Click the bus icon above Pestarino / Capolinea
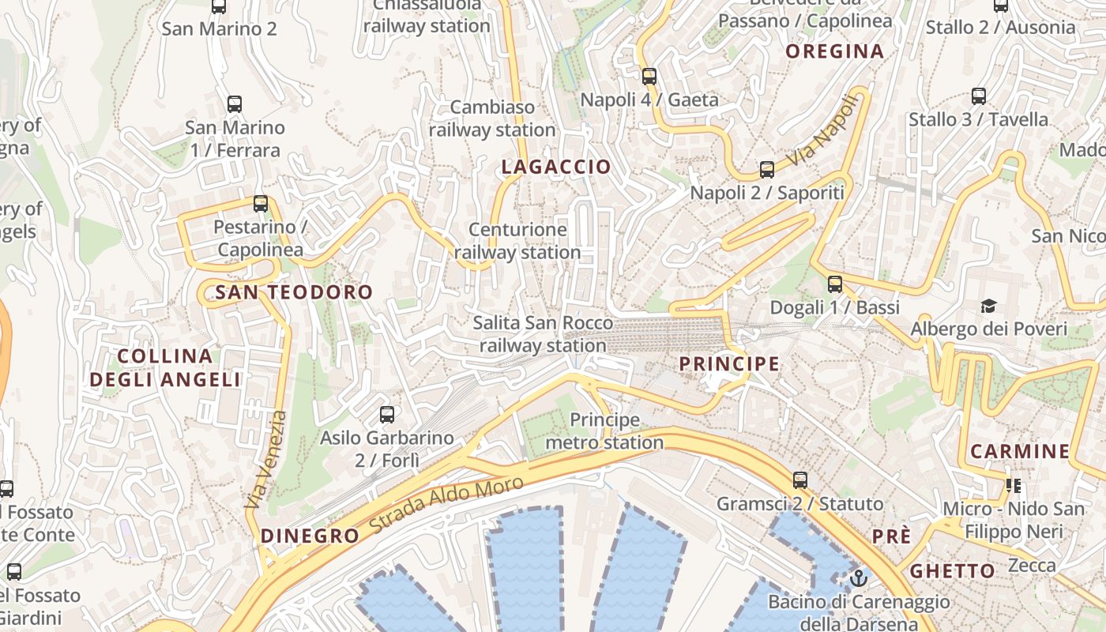(261, 204)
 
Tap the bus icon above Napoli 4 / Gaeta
(649, 77)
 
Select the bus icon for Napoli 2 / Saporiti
(766, 169)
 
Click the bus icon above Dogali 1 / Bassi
(835, 284)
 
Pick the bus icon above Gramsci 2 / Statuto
(800, 480)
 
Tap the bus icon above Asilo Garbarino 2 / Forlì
(387, 414)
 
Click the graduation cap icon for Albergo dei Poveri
(988, 306)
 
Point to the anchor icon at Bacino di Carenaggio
(858, 579)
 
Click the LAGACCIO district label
(556, 167)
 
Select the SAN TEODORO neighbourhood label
(294, 292)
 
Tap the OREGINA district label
(834, 52)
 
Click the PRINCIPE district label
(729, 364)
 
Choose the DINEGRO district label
(310, 536)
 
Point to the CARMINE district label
(1020, 452)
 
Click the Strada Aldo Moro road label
(446, 503)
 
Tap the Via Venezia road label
(267, 460)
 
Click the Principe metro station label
(604, 431)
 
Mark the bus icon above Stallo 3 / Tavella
(979, 96)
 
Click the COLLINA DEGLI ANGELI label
(165, 368)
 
